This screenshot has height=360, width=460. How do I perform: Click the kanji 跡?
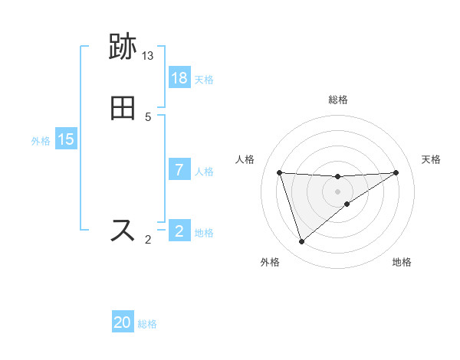[x=123, y=47]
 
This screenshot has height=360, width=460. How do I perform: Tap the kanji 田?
[x=123, y=108]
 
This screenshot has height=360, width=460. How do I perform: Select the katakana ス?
[x=123, y=230]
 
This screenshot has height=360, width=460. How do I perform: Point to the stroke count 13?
[x=148, y=56]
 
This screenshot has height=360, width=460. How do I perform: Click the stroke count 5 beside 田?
[x=148, y=117]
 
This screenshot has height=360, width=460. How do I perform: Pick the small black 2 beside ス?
[x=148, y=240]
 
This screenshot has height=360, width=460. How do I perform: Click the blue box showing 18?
[x=179, y=78]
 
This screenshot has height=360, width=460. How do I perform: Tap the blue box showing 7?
[x=179, y=170]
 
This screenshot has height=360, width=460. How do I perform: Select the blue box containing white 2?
[x=179, y=231]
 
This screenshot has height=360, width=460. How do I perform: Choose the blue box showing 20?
[x=123, y=323]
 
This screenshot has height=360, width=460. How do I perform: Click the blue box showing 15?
[x=66, y=139]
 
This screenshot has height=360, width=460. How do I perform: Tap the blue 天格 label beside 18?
[x=204, y=79]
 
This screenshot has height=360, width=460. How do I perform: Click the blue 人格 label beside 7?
[x=204, y=171]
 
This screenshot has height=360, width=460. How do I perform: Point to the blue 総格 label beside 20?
[x=147, y=324]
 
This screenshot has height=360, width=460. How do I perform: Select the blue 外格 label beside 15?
[x=41, y=140]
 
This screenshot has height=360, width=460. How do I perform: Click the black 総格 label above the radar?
[x=338, y=100]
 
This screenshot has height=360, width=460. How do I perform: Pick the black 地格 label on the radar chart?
[x=402, y=262]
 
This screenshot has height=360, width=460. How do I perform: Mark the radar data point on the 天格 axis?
[x=396, y=172]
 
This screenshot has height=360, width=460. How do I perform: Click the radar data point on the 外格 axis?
[x=301, y=242]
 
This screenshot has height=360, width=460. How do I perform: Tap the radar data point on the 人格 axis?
[x=279, y=172]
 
